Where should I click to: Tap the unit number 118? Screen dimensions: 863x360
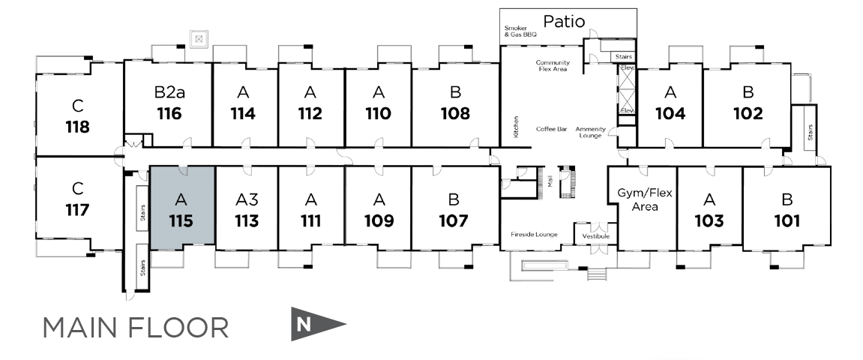pyautogui.click(x=78, y=127)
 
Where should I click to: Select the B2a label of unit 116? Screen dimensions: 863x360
pyautogui.click(x=169, y=92)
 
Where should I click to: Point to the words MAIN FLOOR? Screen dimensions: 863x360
pyautogui.click(x=136, y=328)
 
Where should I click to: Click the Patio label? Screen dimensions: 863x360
pyautogui.click(x=564, y=22)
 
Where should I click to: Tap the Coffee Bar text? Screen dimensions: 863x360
pyautogui.click(x=552, y=129)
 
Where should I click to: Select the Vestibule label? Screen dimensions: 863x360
pyautogui.click(x=595, y=236)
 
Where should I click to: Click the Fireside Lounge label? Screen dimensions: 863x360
pyautogui.click(x=534, y=235)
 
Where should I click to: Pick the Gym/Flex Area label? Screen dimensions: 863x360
pyautogui.click(x=645, y=199)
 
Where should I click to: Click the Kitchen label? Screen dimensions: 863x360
pyautogui.click(x=517, y=127)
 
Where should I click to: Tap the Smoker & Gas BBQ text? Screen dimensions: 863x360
pyautogui.click(x=520, y=31)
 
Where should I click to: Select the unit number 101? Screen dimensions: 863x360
pyautogui.click(x=787, y=220)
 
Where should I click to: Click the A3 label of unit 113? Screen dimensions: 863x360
pyautogui.click(x=247, y=199)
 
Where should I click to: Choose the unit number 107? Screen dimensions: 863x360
pyautogui.click(x=454, y=220)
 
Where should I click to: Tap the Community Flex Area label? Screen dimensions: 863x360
pyautogui.click(x=553, y=66)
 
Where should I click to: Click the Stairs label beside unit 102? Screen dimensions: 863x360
pyautogui.click(x=811, y=131)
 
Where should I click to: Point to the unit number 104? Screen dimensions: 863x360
pyautogui.click(x=670, y=113)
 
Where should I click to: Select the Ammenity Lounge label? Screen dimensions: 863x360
pyautogui.click(x=591, y=133)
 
